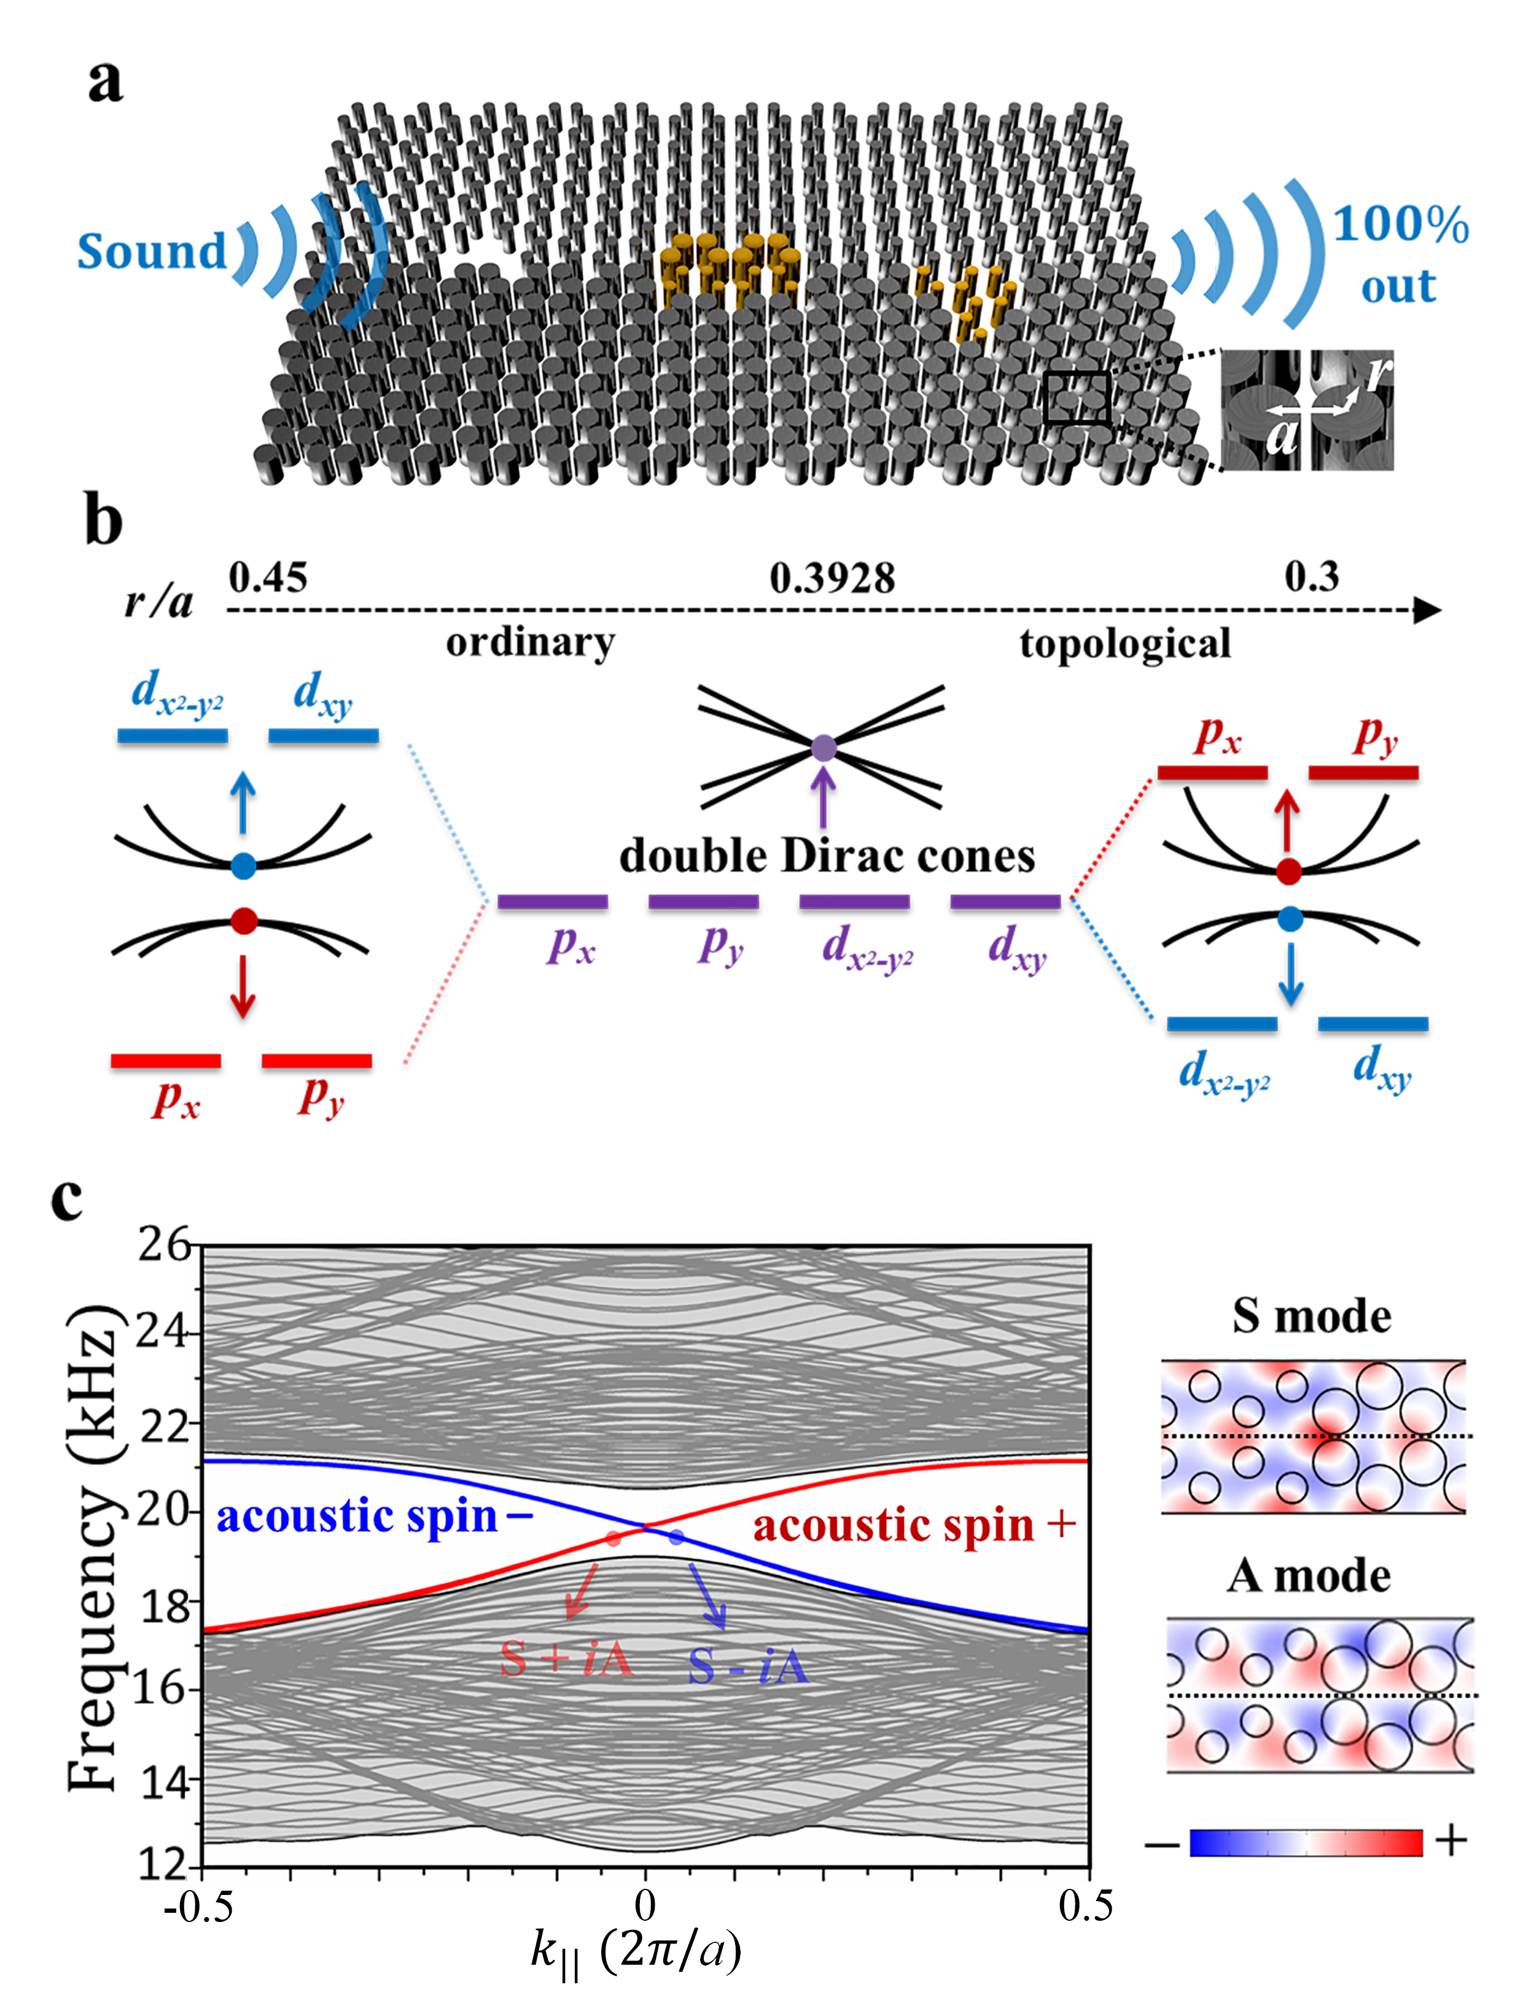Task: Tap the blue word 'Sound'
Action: pos(152,251)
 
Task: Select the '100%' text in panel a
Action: pos(1400,224)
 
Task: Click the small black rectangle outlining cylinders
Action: pos(1077,397)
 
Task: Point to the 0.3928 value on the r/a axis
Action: pos(832,578)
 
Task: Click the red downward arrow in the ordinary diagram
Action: pos(243,984)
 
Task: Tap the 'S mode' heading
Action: pos(1312,1315)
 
